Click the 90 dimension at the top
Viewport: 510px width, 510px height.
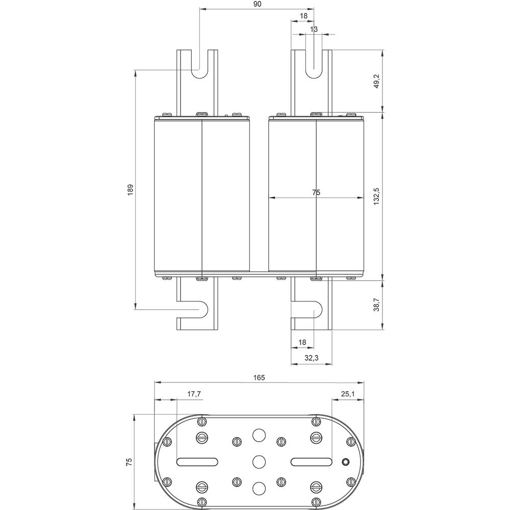(x=257, y=4)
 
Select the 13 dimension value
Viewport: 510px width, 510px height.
(x=314, y=29)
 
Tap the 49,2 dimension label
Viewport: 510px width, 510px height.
(x=376, y=81)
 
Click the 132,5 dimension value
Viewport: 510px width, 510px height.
(x=376, y=196)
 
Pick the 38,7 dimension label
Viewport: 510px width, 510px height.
(x=376, y=304)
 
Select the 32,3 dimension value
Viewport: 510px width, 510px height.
(x=312, y=359)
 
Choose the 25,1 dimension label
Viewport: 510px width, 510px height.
(x=347, y=394)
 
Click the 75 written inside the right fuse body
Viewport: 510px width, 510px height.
(x=316, y=192)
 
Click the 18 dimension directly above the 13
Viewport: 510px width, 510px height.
(x=303, y=16)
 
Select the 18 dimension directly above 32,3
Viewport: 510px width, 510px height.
(x=302, y=342)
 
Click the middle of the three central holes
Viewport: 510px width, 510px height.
(x=259, y=462)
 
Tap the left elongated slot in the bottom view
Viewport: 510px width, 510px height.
(x=197, y=462)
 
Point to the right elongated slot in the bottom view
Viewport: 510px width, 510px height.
(x=312, y=462)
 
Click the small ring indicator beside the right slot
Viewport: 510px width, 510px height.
(x=345, y=462)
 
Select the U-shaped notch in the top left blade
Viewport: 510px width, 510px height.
(x=197, y=67)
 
